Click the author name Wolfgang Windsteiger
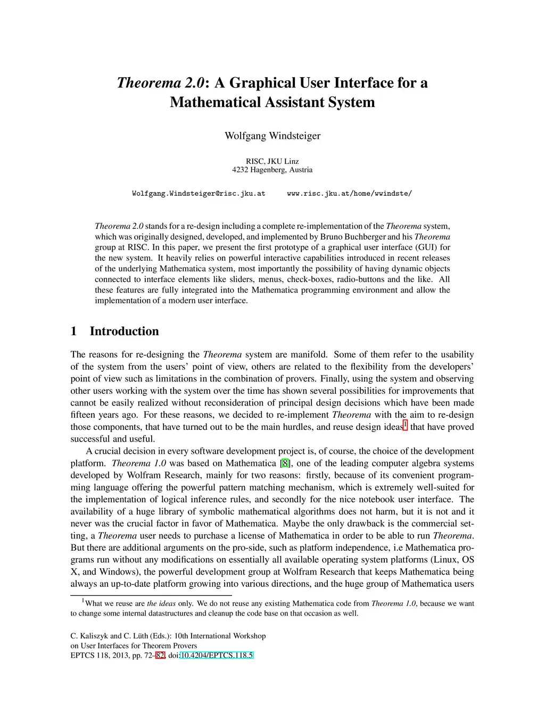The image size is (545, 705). [272, 136]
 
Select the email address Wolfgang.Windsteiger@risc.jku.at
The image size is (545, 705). [199, 194]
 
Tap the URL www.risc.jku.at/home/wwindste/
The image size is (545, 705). [349, 194]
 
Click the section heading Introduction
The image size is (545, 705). [124, 331]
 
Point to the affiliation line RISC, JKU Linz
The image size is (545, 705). [272, 161]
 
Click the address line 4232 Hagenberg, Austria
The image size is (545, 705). [272, 170]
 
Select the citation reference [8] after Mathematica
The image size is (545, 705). [285, 463]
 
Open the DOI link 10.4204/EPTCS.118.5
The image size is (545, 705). [217, 656]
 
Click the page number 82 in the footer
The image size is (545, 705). [160, 656]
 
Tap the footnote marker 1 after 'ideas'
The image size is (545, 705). [406, 425]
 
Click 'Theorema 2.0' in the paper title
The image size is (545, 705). [160, 83]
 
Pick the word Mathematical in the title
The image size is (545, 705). [218, 102]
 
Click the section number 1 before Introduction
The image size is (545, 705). [74, 331]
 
